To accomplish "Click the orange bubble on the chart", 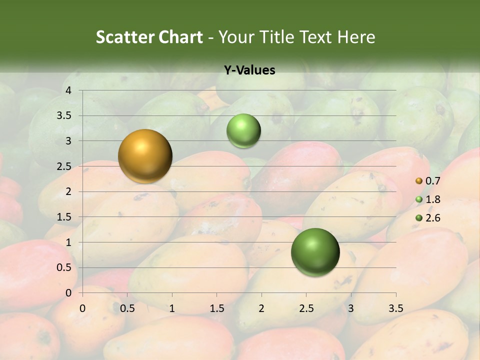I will coord(145,156).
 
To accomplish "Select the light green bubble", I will coord(243,130).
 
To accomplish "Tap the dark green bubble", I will coord(315,252).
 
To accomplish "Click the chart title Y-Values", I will coord(249,70).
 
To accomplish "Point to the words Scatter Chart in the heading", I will coord(149,37).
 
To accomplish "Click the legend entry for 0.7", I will coord(428,181).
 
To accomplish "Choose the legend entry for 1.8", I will coord(428,199).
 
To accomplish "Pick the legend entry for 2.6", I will coord(428,218).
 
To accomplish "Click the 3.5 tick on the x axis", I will coord(396,308).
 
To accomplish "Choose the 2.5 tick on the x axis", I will coord(306,308).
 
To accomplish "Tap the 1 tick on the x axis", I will coord(172,308).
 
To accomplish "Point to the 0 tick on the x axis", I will coord(82,308).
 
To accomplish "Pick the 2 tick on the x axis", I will coord(261,308).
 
